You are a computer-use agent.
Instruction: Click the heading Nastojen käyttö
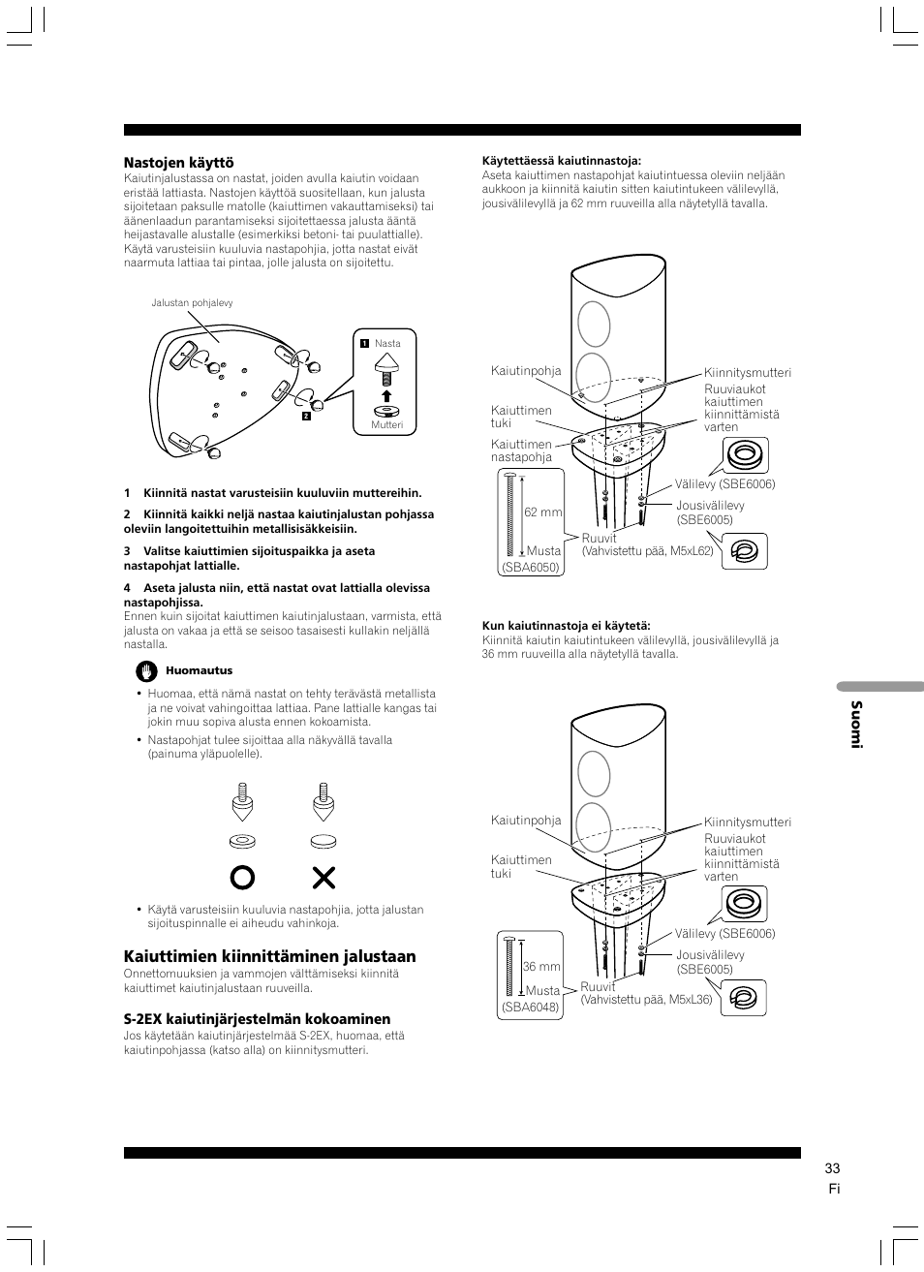point(178,163)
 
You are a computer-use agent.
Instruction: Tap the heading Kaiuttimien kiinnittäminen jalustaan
point(269,956)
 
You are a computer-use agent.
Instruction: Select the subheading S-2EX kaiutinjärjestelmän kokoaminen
point(257,1019)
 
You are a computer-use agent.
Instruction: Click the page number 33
point(832,1168)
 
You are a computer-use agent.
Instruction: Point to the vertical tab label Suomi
point(855,724)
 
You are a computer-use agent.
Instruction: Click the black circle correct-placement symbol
point(242,878)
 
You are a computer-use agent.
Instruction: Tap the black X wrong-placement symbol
point(323,878)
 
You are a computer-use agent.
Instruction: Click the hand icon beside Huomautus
point(146,670)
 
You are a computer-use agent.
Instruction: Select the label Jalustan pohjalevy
point(192,303)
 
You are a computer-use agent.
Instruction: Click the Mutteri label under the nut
point(386,425)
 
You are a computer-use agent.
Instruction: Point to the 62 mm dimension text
point(542,512)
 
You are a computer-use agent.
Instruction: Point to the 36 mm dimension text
point(541,967)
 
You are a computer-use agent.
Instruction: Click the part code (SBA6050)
point(531,568)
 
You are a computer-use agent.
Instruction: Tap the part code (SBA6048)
point(530,1008)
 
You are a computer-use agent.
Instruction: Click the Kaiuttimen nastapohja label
point(521,450)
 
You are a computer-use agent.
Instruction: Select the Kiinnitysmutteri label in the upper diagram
point(747,373)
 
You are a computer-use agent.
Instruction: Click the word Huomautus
point(199,670)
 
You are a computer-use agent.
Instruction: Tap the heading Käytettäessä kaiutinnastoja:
point(562,161)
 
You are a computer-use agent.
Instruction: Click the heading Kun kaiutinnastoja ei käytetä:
point(566,626)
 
